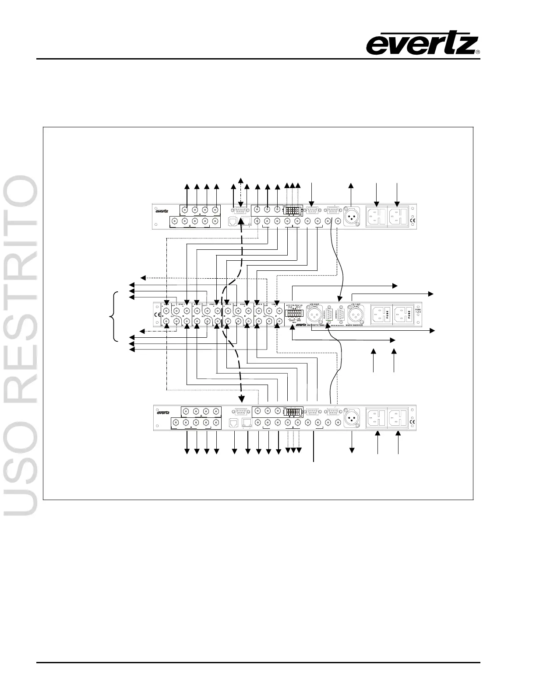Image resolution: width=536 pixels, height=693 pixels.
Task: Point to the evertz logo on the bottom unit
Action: point(163,412)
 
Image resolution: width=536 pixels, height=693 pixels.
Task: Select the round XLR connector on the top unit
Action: point(351,217)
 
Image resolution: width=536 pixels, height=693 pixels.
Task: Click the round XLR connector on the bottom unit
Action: point(351,418)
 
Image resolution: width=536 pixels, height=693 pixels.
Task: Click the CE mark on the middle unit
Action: point(158,315)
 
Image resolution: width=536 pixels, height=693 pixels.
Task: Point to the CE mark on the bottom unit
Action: point(412,422)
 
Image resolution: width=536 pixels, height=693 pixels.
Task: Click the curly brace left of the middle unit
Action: point(115,316)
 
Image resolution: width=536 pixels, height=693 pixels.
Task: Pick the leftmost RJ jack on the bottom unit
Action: point(233,423)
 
